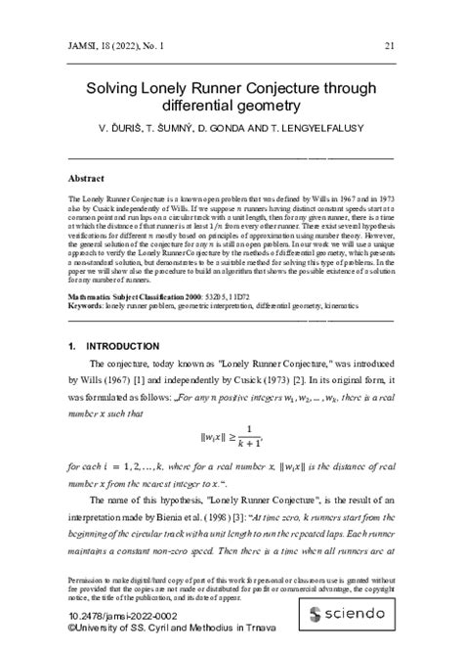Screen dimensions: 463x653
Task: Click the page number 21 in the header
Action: [x=390, y=44]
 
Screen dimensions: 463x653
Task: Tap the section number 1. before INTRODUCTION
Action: [x=71, y=347]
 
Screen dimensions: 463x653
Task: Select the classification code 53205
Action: [x=233, y=293]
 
